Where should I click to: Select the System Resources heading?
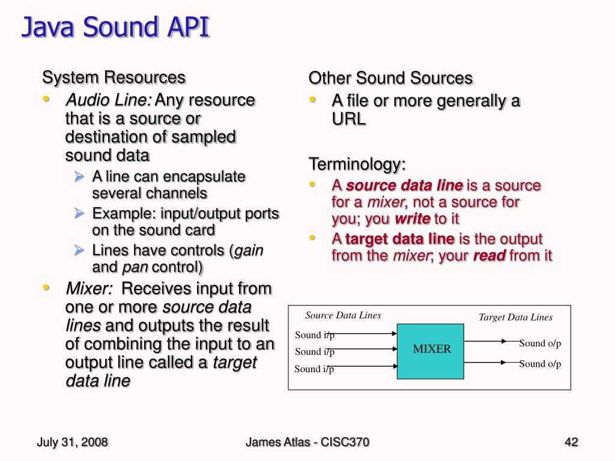(x=114, y=77)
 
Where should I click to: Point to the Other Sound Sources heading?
(x=390, y=78)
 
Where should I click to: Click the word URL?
(x=348, y=119)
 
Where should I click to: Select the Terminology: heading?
(x=357, y=164)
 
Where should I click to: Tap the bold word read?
(x=490, y=256)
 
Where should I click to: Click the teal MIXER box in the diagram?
(x=431, y=350)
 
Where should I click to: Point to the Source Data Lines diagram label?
(x=343, y=316)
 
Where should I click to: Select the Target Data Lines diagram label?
(x=515, y=318)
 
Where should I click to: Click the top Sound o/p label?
(x=540, y=343)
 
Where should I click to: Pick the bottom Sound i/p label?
(x=314, y=369)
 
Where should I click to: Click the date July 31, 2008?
(x=72, y=442)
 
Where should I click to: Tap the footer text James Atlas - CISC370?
(x=307, y=442)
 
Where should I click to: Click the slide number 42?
(x=571, y=442)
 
